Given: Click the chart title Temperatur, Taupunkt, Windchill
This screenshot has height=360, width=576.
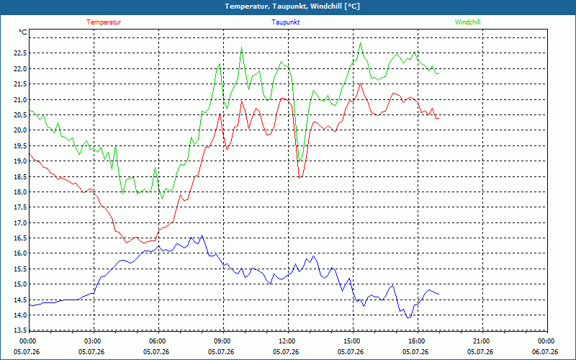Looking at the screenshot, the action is pos(292,6).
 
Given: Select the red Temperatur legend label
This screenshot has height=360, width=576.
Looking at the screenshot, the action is pos(104,22).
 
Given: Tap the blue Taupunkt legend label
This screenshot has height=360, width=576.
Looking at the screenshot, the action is pos(285,22).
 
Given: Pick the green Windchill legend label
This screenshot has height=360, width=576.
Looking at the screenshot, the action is pos(467,22).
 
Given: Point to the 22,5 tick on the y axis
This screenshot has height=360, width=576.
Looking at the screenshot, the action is pos(20,53).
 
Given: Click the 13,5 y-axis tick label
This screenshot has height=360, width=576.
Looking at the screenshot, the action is pos(20,330).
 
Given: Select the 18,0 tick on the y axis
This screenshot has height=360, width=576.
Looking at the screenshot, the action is pos(20,192).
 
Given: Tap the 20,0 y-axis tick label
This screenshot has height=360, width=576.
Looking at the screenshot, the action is pos(20,130).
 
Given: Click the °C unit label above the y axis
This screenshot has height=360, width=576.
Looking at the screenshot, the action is pos(22,32).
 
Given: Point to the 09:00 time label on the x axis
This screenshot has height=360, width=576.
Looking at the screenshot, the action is pos(223,341).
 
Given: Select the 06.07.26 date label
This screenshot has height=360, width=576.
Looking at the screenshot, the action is pos(545,352).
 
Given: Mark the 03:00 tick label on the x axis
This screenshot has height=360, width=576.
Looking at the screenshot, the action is pos(94,341).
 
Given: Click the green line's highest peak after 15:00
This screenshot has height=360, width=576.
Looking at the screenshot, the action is pos(361,43).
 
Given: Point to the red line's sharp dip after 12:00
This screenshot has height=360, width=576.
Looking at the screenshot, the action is pos(300,178).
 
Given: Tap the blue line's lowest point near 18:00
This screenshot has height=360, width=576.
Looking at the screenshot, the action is pos(408,318).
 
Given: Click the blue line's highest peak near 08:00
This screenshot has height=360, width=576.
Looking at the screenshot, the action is pos(202,235).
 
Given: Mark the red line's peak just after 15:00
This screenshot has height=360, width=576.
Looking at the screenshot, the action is pos(361,84).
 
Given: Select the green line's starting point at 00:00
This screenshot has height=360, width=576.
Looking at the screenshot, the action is pos(30,110).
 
